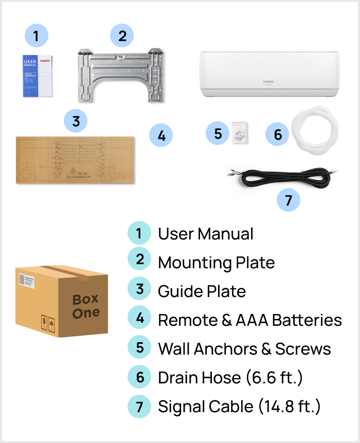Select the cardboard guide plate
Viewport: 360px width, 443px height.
click(x=75, y=159)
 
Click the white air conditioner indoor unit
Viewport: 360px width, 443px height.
click(x=268, y=75)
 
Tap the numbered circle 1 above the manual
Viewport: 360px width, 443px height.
click(x=35, y=36)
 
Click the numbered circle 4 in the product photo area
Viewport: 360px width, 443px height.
click(x=161, y=136)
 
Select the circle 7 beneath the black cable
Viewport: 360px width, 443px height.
click(x=289, y=200)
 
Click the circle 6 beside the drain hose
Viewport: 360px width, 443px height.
click(x=278, y=135)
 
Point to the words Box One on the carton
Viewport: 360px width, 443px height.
click(x=86, y=306)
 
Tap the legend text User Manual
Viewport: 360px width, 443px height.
click(x=206, y=234)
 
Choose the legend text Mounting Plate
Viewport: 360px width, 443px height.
click(x=216, y=263)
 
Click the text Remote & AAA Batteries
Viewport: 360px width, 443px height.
click(x=249, y=320)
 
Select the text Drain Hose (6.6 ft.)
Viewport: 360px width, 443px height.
click(x=230, y=378)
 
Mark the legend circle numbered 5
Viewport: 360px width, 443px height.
click(x=139, y=348)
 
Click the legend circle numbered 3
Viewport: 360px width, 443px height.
click(x=139, y=290)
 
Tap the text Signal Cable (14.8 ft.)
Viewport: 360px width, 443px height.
click(x=239, y=407)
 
